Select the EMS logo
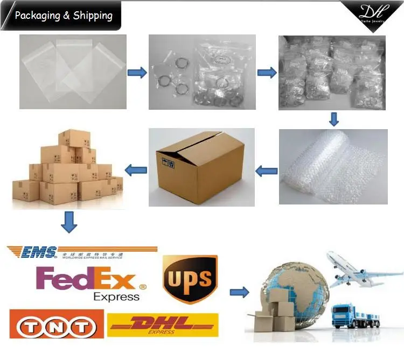tap(32, 252)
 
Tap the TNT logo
tap(53, 326)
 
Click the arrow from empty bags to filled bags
tap(137, 73)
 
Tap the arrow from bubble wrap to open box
tap(266, 171)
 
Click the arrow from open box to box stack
tap(136, 170)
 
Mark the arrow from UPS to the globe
tap(239, 292)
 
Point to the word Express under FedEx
tap(116, 297)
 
